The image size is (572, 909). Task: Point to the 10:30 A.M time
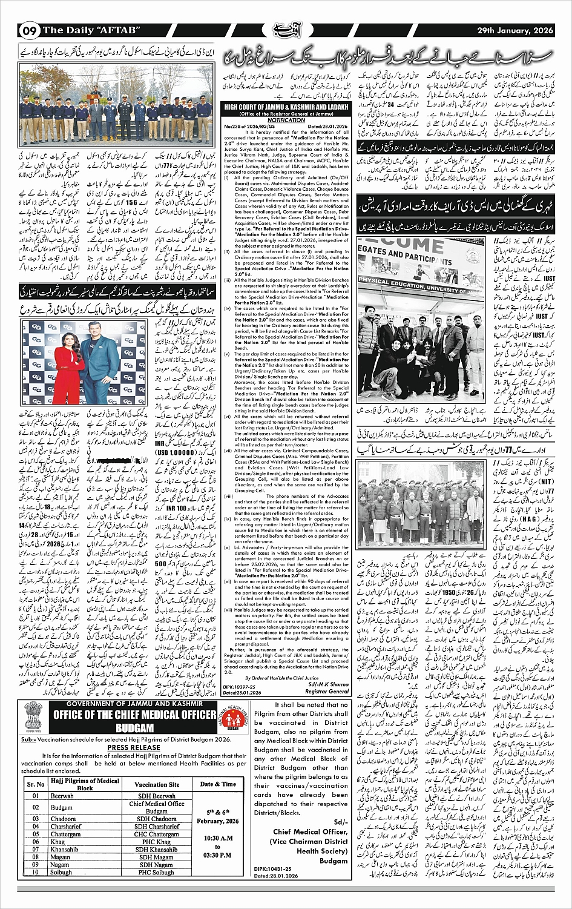pos(218,838)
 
